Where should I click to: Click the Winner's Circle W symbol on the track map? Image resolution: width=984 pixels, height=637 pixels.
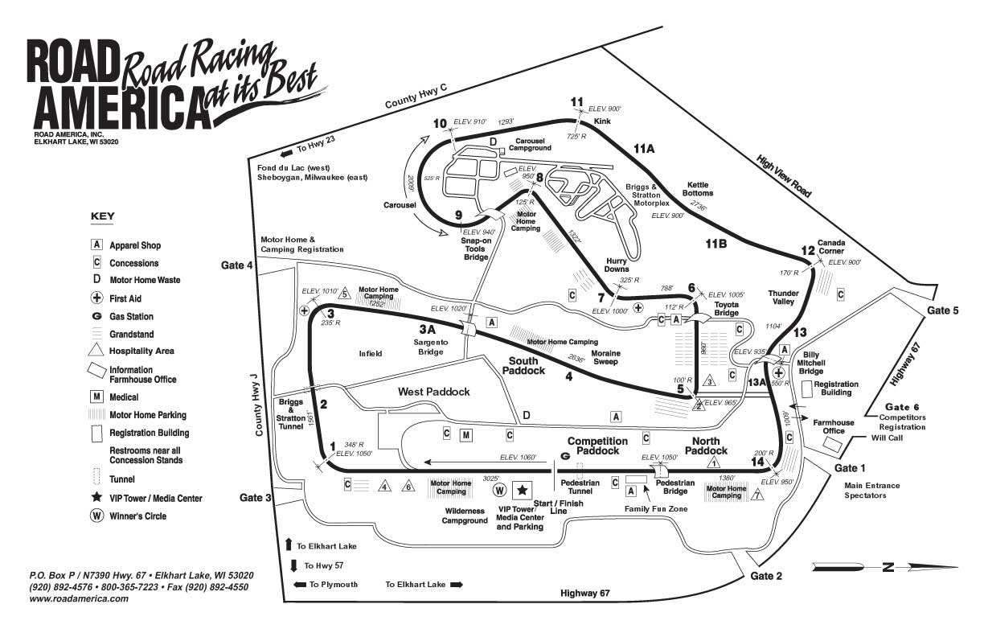tap(499, 489)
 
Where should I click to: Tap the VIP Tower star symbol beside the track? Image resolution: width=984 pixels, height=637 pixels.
tap(523, 489)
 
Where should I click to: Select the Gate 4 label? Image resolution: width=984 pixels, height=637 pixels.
tap(238, 265)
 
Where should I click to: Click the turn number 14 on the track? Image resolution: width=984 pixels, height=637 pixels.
tap(758, 461)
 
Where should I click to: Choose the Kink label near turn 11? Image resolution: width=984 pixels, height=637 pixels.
tap(602, 121)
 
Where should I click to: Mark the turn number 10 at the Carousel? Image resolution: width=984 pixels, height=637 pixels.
tap(440, 123)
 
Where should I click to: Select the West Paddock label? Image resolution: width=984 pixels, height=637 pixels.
tap(433, 392)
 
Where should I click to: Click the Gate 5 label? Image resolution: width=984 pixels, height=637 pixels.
tap(943, 310)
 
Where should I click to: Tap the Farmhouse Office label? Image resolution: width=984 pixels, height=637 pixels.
tap(833, 426)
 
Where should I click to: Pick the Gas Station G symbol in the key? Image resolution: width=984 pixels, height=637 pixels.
tap(96, 317)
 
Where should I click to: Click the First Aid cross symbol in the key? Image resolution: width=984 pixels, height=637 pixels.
tap(96, 298)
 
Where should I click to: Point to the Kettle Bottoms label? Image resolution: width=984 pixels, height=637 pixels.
tap(696, 189)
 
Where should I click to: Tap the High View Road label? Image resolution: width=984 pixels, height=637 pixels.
tap(784, 177)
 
